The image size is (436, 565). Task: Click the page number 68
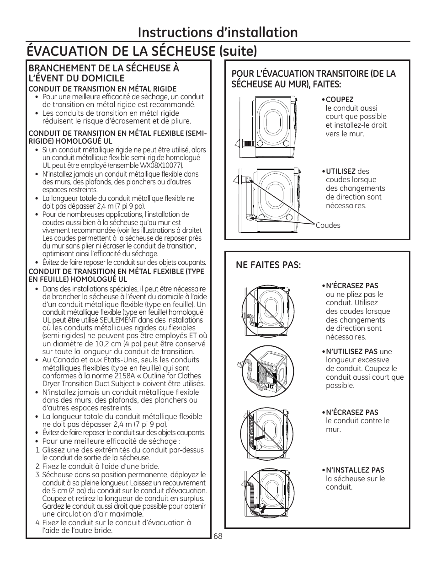218,536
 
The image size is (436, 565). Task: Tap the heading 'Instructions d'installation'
218,32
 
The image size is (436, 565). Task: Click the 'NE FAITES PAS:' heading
268,265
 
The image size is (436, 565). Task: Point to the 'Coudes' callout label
328,225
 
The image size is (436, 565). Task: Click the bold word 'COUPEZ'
340,100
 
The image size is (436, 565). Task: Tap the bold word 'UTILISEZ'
340,172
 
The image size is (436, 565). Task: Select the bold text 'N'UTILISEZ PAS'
351,352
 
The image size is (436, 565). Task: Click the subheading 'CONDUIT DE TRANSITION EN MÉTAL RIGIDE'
102,89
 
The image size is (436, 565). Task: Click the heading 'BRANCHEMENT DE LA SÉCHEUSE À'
104,68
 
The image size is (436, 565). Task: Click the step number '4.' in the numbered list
38,523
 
